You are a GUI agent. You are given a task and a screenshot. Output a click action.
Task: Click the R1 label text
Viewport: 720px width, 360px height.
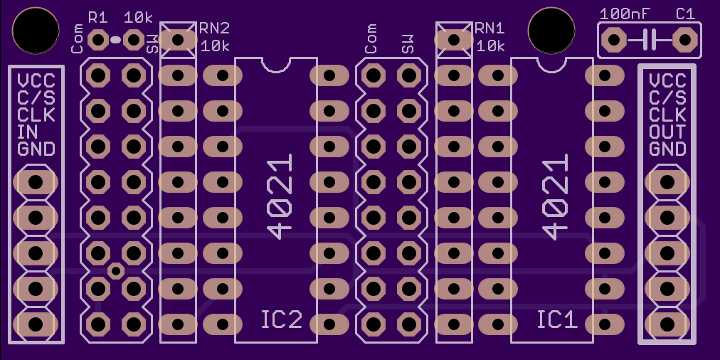tap(97, 18)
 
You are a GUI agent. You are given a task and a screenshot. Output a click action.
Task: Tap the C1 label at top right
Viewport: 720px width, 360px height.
tap(685, 14)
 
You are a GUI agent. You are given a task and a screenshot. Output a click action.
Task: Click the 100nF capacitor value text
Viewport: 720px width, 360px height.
tap(625, 14)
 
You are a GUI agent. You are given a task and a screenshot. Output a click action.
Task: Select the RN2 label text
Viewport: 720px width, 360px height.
tap(214, 28)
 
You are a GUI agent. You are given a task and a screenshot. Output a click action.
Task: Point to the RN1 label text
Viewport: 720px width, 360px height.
tap(490, 28)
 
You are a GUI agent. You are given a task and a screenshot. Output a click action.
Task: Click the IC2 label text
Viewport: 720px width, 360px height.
tap(282, 319)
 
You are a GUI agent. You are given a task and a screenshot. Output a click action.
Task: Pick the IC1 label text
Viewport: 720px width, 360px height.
tap(557, 319)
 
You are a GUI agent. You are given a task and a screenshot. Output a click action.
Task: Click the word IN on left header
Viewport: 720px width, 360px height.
tap(28, 132)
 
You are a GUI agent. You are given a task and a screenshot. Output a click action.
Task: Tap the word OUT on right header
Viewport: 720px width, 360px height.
tap(667, 132)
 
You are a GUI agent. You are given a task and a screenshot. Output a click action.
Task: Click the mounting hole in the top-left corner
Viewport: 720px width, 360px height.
tap(36, 30)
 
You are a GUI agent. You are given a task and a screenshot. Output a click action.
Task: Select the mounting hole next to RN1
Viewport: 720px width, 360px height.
tap(551, 30)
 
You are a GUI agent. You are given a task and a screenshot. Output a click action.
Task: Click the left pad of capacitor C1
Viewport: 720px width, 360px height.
tap(614, 40)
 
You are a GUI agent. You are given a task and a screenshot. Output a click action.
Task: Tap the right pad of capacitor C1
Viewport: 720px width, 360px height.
tap(685, 40)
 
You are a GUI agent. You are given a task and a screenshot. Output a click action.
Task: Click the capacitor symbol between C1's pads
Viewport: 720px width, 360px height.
tap(650, 40)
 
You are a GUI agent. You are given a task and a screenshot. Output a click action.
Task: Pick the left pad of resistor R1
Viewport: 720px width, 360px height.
tap(97, 40)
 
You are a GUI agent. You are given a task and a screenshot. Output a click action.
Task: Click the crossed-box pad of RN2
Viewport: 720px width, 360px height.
tap(178, 40)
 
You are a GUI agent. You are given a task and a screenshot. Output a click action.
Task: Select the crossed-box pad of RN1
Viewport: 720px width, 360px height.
tap(454, 40)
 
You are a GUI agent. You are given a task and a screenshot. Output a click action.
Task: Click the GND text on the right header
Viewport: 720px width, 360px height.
tap(667, 149)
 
